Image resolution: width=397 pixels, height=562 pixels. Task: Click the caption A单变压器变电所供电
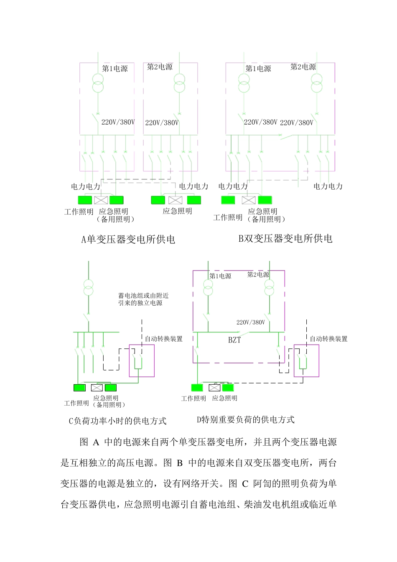(128, 240)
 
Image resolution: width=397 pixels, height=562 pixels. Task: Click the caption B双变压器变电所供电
(285, 239)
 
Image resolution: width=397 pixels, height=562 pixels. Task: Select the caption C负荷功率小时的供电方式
(117, 421)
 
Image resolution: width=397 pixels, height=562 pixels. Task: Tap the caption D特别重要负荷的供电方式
(246, 420)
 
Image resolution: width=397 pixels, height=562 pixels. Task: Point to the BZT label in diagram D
(234, 340)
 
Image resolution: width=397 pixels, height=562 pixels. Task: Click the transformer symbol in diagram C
(88, 287)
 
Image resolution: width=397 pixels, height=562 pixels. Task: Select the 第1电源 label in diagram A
(115, 69)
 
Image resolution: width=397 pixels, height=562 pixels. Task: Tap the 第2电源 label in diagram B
(303, 67)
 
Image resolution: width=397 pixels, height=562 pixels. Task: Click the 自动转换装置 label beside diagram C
(163, 339)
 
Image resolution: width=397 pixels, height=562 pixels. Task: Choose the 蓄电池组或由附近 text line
(143, 296)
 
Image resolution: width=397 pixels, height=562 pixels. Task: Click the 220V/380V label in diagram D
(251, 322)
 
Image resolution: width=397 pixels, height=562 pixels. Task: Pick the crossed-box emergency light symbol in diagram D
(214, 388)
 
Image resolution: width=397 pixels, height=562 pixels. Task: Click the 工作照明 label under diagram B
(228, 217)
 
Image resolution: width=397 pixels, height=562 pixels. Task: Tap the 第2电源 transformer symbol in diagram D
(269, 288)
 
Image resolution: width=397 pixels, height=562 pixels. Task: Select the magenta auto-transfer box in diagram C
(142, 360)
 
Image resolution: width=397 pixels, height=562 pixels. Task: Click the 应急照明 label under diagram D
(224, 399)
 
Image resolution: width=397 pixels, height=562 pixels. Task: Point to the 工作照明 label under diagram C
(76, 403)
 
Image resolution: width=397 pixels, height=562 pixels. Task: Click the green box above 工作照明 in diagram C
(79, 388)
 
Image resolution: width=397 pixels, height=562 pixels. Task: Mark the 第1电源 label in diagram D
(220, 276)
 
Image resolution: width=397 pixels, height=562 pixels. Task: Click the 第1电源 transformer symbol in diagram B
(244, 82)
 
